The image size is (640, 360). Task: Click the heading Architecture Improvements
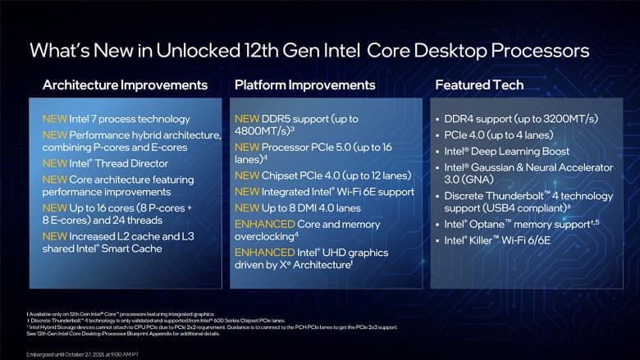(x=125, y=84)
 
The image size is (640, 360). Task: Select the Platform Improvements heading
(x=305, y=84)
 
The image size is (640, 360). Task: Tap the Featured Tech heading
(x=476, y=84)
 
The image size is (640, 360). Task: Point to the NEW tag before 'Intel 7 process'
(x=55, y=119)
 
